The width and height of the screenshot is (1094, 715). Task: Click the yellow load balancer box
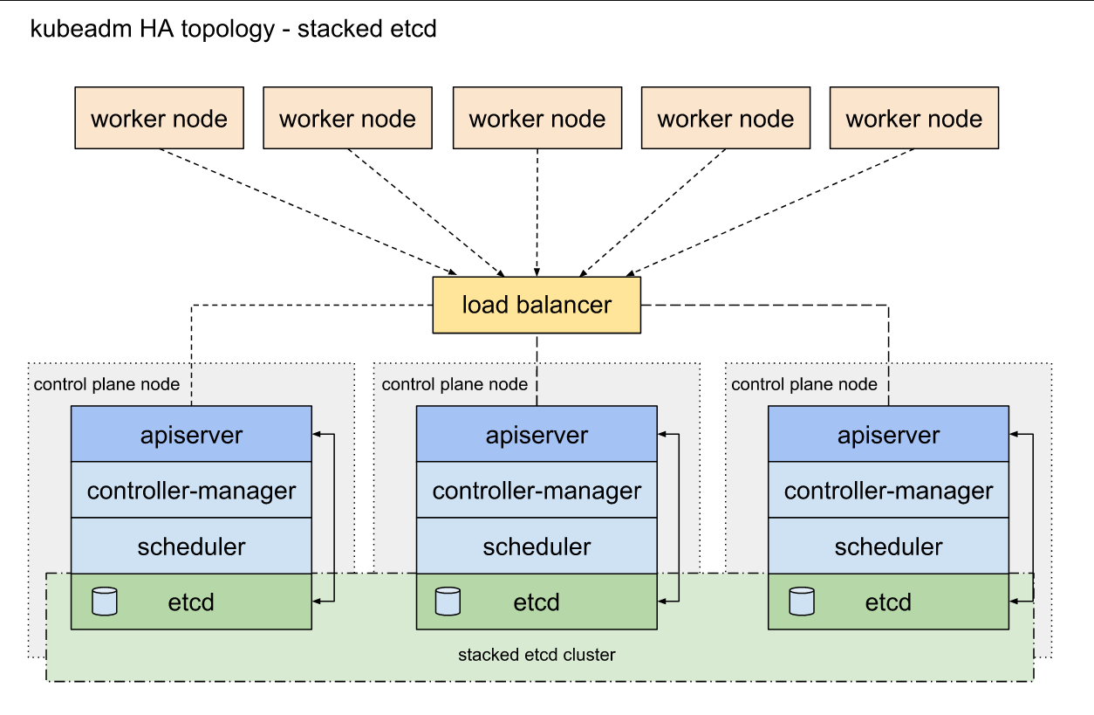537,306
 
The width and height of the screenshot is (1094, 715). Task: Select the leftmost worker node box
160,118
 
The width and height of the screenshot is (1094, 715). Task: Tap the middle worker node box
537,118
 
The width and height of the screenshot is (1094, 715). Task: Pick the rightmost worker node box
914,118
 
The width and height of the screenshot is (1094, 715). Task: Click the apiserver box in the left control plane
191,434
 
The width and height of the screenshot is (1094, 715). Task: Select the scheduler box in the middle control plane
537,546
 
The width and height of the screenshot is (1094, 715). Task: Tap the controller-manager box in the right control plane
888,490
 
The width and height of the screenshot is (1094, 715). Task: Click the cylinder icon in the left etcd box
105,602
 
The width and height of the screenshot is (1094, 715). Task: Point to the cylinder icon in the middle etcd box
448,602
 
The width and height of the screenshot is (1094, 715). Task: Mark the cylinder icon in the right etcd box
802,602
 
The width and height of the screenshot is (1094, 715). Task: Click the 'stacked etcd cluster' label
537,655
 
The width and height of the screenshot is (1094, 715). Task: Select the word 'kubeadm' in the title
81,28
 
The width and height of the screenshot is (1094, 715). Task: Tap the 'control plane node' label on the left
106,385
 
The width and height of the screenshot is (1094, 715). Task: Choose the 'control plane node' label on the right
804,385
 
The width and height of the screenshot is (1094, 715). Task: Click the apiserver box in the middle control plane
537,434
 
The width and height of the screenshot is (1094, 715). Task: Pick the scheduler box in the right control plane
888,546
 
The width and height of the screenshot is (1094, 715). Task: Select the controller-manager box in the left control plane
191,490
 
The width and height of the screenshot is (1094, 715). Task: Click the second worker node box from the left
348,118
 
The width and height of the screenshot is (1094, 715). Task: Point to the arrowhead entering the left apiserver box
317,434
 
